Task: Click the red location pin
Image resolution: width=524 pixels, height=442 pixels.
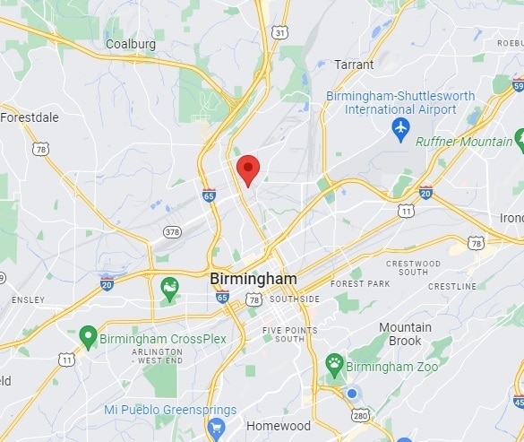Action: tap(248, 169)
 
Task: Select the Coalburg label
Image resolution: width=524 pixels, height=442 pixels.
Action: tap(131, 43)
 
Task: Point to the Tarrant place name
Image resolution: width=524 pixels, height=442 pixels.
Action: tap(354, 65)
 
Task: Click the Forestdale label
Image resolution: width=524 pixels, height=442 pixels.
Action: tap(30, 117)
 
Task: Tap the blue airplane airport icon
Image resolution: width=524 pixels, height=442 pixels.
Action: tap(401, 128)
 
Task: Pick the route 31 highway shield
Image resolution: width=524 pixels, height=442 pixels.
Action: tap(280, 32)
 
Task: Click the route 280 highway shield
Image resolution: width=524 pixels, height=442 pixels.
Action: tap(360, 416)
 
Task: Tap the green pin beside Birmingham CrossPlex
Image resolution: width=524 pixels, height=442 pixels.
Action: tap(88, 337)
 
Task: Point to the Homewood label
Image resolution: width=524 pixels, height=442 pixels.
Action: tap(279, 426)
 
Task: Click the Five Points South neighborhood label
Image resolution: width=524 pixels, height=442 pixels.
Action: tap(290, 334)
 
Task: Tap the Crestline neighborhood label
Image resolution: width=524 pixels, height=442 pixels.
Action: tap(452, 286)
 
